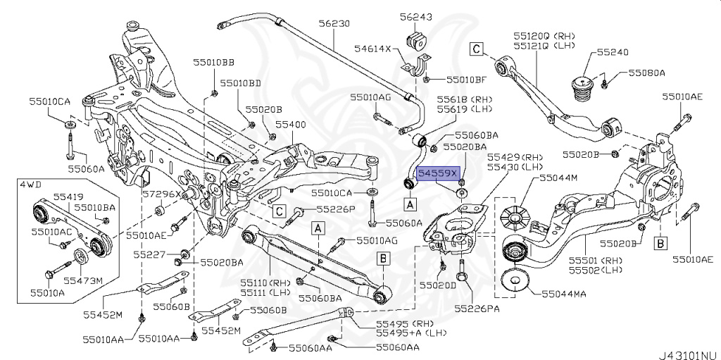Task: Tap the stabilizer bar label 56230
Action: pos(334,23)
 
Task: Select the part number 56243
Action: pos(416,17)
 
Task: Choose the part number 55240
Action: pos(613,52)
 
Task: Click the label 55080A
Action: pos(646,73)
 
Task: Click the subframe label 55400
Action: pos(290,124)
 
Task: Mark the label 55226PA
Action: pos(477,308)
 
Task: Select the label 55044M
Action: pos(558,178)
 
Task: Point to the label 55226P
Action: pos(335,209)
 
